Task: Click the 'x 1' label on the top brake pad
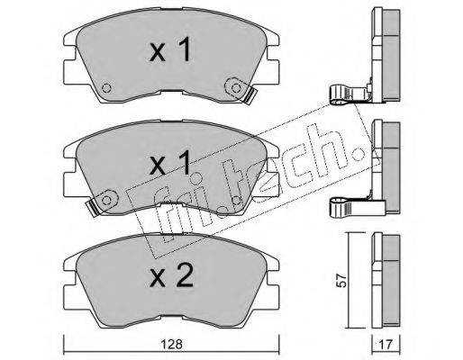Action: [x=170, y=49]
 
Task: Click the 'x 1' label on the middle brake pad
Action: [x=170, y=163]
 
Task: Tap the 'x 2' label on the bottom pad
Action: [x=172, y=275]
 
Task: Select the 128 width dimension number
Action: [x=171, y=344]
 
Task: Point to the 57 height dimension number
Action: [x=341, y=280]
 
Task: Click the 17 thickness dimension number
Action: [x=386, y=345]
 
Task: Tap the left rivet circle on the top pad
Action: [x=106, y=88]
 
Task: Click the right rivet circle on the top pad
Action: [x=236, y=88]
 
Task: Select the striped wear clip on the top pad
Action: [x=250, y=96]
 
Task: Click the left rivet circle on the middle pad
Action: [x=106, y=200]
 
